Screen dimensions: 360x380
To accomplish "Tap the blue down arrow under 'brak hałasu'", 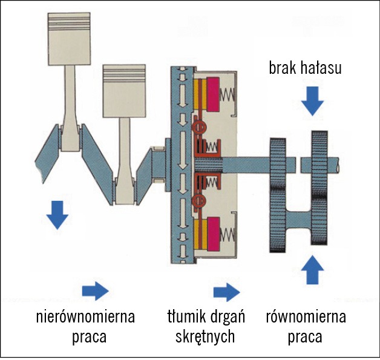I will click(312, 100).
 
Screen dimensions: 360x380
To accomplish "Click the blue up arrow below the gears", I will click(312, 270).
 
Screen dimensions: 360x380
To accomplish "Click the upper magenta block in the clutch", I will click(214, 94).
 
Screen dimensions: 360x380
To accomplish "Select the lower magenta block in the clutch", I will click(214, 233).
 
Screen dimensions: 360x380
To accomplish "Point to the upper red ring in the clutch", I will click(197, 129).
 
